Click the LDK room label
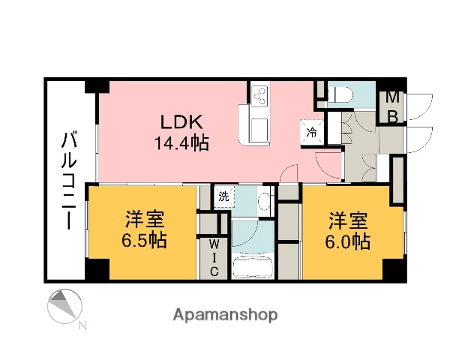(181, 121)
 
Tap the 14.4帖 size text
(181, 142)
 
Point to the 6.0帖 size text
(348, 241)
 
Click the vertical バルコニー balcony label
(68, 180)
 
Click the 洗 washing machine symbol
(223, 197)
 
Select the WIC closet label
(213, 256)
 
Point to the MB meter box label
(391, 106)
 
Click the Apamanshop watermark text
(225, 315)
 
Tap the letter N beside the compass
(82, 325)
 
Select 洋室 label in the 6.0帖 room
(348, 220)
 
